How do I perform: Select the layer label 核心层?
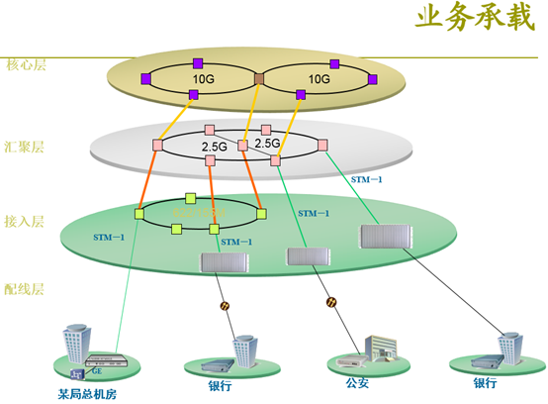(27, 65)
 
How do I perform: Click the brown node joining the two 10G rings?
(259, 77)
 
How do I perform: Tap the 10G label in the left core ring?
(204, 77)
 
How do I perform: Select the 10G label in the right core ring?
(319, 77)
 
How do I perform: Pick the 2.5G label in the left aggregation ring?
(215, 146)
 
